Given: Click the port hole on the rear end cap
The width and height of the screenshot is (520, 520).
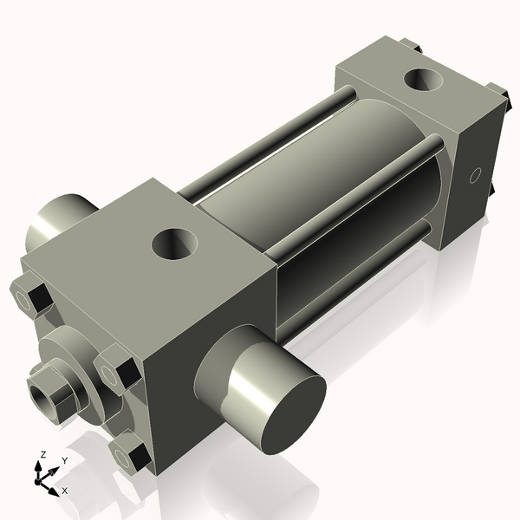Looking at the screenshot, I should click(426, 81).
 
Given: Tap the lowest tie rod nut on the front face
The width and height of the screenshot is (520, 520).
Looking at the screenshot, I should click(130, 454).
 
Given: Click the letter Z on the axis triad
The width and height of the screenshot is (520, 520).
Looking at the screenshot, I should click(43, 454).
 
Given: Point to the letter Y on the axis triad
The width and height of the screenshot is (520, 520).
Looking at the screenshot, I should click(65, 460).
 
